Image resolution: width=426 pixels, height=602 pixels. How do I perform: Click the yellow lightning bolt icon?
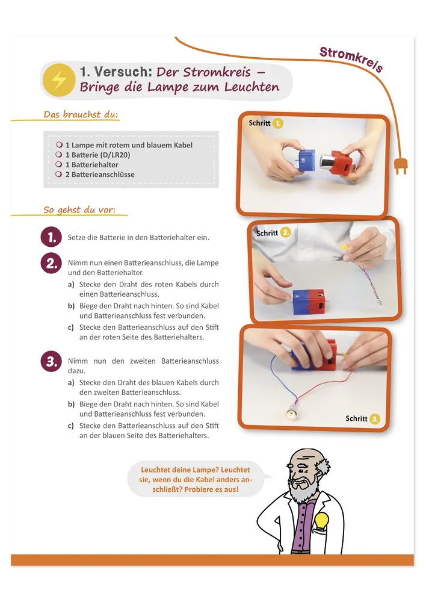59,80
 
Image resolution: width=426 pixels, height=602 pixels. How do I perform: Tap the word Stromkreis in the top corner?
351,59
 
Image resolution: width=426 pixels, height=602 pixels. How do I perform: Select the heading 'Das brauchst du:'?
81,114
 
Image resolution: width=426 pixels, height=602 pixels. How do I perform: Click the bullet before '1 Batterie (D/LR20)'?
59,154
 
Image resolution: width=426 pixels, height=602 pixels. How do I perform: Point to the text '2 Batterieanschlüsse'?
100,175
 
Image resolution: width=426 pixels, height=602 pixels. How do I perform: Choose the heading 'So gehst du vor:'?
79,209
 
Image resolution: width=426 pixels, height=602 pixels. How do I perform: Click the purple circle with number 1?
51,237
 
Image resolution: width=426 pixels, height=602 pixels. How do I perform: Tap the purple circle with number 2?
51,264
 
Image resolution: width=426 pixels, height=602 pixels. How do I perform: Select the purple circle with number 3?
51,362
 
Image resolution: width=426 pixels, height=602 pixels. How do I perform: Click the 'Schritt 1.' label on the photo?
265,123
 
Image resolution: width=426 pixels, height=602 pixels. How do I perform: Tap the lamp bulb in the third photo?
293,414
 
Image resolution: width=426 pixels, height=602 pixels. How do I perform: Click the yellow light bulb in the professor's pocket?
322,521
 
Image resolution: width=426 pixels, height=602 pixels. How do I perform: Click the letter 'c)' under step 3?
70,426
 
